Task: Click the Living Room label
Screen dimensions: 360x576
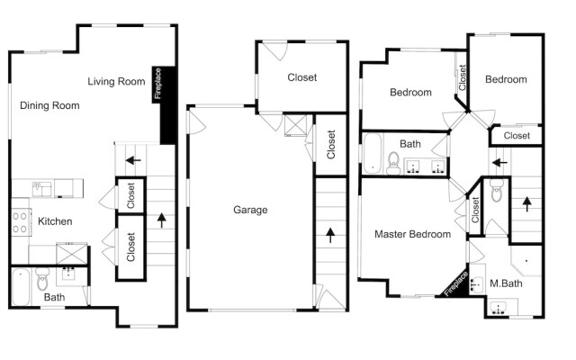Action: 116,82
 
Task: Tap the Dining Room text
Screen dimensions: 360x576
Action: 49,105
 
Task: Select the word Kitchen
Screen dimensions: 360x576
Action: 54,221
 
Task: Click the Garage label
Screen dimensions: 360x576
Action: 250,210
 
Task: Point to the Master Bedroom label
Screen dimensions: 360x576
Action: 412,235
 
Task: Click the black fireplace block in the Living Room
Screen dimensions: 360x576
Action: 166,105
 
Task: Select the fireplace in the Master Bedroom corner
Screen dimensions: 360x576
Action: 456,284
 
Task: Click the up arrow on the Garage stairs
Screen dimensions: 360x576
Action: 329,236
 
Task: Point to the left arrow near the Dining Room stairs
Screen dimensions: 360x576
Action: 133,161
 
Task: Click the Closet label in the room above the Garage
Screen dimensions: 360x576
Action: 301,77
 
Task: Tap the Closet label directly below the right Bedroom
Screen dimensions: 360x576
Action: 517,135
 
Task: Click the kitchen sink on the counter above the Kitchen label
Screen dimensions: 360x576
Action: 42,188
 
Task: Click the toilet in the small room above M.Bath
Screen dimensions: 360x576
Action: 496,192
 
